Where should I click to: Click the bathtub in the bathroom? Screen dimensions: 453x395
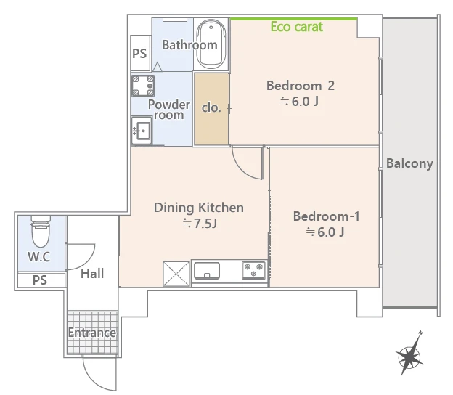(211, 44)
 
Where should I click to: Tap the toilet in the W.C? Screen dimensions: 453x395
(41, 232)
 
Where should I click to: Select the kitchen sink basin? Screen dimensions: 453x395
(207, 270)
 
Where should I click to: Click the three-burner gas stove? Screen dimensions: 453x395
(253, 270)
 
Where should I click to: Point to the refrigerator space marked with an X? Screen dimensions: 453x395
(176, 274)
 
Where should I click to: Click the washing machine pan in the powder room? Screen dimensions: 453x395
(143, 86)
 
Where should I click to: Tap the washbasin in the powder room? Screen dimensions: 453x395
(142, 130)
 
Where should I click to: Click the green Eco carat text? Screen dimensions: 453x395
(297, 27)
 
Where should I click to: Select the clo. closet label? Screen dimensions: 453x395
(211, 107)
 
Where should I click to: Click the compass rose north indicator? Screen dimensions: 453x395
(409, 354)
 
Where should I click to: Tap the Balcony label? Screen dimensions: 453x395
(409, 163)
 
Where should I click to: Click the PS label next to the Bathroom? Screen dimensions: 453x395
(139, 54)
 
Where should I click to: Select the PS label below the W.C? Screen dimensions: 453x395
(40, 280)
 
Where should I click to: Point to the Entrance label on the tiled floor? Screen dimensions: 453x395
(92, 333)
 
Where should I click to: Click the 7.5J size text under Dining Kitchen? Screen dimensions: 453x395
(200, 224)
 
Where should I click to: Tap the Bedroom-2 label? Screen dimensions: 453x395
(301, 86)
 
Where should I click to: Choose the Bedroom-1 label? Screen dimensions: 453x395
(327, 216)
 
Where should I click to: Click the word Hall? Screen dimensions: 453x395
(92, 274)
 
